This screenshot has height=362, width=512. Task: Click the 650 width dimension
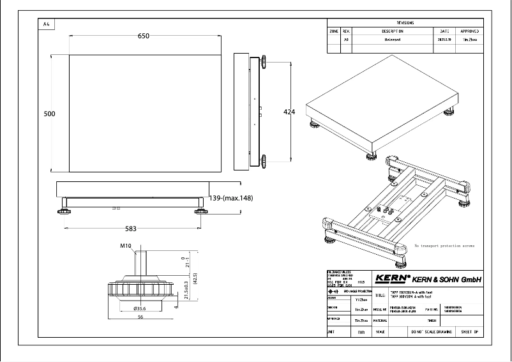point(144,36)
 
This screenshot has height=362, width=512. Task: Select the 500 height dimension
point(49,114)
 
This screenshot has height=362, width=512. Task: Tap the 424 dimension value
point(289,112)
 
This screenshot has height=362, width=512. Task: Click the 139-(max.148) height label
point(231,199)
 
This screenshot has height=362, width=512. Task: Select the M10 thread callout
point(125,246)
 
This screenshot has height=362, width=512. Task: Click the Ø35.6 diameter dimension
point(140,308)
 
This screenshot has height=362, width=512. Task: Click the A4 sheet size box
point(47,24)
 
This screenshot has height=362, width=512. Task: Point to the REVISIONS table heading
point(406,22)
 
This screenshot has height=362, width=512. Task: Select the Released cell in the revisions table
point(393,40)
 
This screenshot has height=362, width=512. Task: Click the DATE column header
point(444,31)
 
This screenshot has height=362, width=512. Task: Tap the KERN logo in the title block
point(392,278)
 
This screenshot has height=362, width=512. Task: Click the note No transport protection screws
point(444,245)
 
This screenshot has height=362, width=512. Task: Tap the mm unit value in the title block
point(362,333)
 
